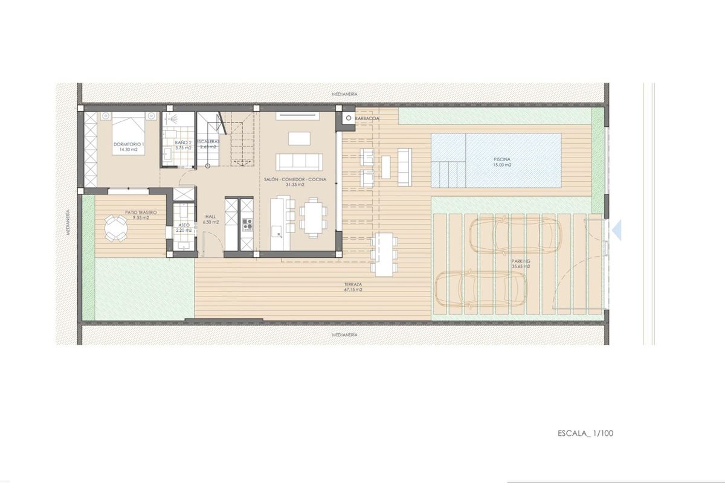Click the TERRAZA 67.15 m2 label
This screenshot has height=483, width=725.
pyautogui.click(x=353, y=287)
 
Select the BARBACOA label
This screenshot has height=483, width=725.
pyautogui.click(x=367, y=119)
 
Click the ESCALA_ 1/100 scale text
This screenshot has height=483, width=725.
pyautogui.click(x=585, y=433)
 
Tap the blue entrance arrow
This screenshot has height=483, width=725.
pyautogui.click(x=616, y=230)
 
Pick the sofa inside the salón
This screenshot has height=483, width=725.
pyautogui.click(x=298, y=161)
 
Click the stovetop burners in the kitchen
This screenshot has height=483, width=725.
pyautogui.click(x=247, y=225)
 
